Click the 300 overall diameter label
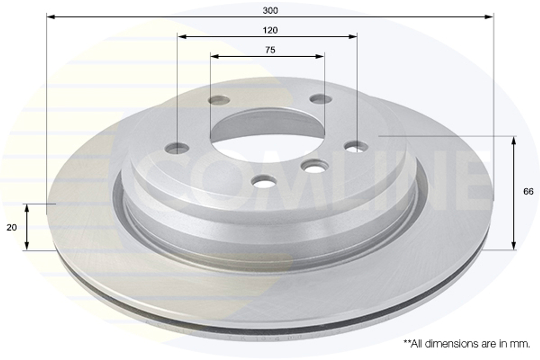click(x=271, y=10)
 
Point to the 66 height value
click(x=528, y=192)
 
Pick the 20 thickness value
click(x=11, y=227)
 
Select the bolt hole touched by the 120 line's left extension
click(x=177, y=148)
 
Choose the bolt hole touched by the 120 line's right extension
click(x=356, y=146)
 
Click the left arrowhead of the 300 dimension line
click(x=50, y=17)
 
